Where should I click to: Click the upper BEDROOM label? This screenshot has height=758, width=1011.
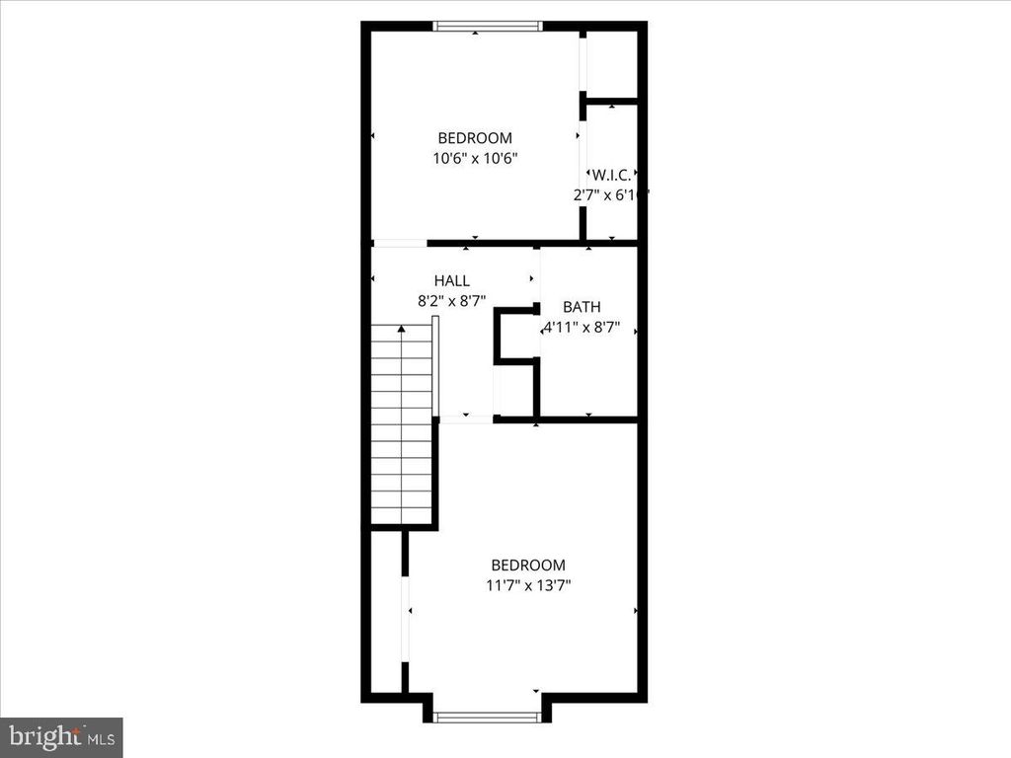tap(475, 138)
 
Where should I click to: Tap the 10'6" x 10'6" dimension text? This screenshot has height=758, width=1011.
tap(475, 157)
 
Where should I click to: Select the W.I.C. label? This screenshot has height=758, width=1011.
tap(611, 175)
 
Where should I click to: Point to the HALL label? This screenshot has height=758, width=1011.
tap(451, 281)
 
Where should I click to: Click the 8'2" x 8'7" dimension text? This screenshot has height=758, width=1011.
tap(451, 301)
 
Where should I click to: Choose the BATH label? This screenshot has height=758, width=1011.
tap(582, 307)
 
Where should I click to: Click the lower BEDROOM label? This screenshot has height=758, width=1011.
tap(528, 566)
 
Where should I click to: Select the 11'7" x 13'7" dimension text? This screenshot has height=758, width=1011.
tap(528, 585)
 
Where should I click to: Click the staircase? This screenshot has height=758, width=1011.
tap(402, 424)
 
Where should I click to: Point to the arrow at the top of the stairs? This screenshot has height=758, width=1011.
tap(402, 328)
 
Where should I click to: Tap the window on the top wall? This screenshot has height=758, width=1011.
tap(489, 26)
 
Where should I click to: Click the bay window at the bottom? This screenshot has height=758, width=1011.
tap(487, 717)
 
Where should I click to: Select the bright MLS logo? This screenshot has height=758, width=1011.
tap(59, 736)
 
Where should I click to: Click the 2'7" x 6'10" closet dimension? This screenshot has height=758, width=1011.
tap(609, 194)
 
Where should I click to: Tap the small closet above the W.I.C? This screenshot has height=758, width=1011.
tap(612, 65)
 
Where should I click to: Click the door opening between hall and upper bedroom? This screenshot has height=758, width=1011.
tap(399, 243)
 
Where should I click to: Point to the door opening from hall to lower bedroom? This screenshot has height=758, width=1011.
tap(465, 420)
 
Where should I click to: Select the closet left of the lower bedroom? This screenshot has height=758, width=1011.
tap(387, 612)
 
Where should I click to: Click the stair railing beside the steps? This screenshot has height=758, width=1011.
tap(435, 365)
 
